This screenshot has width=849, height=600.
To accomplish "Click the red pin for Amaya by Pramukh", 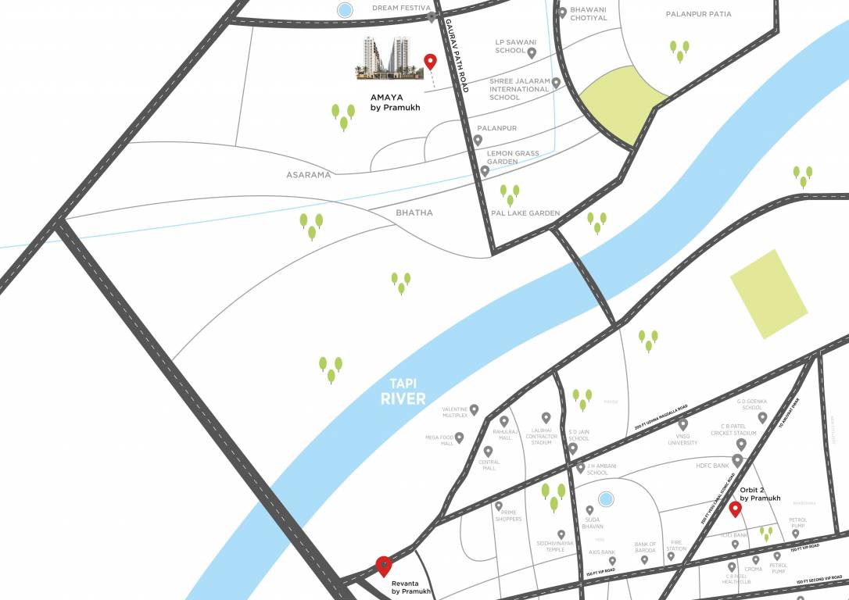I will pos(429,62).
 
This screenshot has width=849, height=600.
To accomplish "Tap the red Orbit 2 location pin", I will pos(735,509).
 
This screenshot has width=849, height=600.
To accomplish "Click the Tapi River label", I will pos(403,391).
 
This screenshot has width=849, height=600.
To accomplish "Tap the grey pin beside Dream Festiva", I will pos(432,17).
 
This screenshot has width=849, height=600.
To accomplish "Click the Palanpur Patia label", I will pos(698,14).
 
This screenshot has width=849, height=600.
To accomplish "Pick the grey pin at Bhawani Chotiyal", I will pos(562,12).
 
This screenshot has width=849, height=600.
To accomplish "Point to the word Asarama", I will pos(308,175).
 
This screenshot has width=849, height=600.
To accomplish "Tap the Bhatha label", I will pos(414,212).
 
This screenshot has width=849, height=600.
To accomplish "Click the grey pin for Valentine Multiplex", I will pos(474,409).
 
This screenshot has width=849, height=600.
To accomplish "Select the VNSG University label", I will pos(682,439).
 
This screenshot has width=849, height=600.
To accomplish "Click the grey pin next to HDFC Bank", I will pos(737,461).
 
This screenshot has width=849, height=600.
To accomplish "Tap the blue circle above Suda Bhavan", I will pos(605,498).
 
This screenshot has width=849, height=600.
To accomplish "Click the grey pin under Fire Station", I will pos(671,555).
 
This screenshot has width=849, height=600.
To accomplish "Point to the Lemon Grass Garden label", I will pos(513,157).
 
